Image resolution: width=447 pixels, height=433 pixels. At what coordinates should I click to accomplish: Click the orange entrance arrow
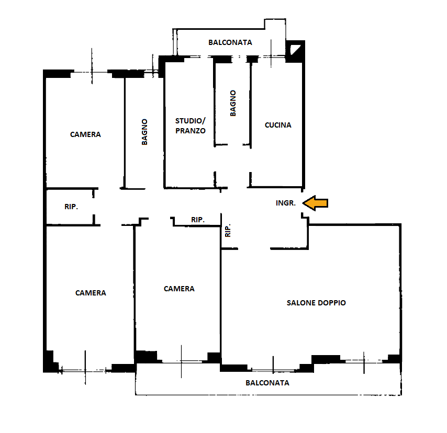point(315,203)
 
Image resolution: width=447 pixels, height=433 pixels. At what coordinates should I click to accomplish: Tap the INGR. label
point(286,203)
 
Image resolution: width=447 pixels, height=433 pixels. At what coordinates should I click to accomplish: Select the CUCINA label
point(278,125)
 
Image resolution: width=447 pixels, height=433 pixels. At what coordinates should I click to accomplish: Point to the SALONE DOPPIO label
point(316,303)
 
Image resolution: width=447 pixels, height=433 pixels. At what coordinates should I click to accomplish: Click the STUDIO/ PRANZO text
point(191,126)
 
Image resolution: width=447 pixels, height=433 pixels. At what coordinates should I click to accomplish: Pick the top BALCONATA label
point(230,42)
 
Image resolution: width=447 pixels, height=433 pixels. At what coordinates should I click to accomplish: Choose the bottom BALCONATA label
point(267,383)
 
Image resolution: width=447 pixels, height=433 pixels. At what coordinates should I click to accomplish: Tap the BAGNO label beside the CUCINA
point(233,103)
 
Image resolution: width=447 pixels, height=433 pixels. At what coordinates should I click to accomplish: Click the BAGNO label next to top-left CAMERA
point(144,132)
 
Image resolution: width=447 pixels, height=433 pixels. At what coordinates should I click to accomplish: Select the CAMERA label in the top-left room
point(85,134)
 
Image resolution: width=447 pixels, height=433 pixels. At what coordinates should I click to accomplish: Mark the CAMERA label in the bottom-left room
point(91,293)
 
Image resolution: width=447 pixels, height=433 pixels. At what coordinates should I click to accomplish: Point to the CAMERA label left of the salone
point(179,289)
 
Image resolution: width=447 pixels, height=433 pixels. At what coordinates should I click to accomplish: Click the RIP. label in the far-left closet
point(71,207)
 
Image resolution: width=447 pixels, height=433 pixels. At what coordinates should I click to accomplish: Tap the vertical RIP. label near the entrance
point(228,231)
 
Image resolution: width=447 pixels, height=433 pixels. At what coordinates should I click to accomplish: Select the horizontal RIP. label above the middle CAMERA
point(198,220)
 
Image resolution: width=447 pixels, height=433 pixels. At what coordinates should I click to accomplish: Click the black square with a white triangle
point(295,51)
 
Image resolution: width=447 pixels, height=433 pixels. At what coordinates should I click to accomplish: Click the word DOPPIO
point(332,303)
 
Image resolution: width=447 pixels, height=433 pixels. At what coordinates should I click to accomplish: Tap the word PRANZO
point(191,131)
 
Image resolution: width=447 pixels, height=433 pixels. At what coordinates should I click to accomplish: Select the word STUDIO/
point(190,121)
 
